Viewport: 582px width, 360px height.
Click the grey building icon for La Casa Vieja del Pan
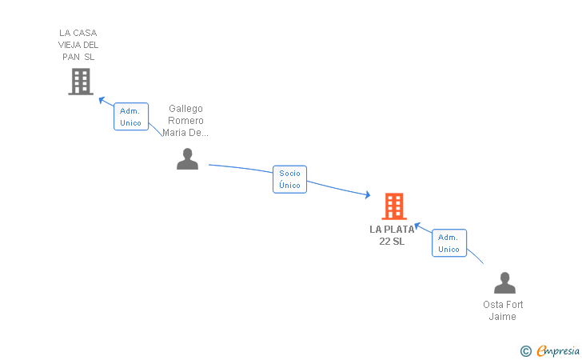tap(80, 81)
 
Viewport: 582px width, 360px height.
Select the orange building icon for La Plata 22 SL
tap(394, 206)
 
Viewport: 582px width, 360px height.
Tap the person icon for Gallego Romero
tap(187, 159)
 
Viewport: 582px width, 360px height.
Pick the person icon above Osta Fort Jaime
tap(504, 283)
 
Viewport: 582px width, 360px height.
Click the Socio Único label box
tap(289, 179)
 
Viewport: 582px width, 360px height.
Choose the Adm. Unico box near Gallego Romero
tap(130, 117)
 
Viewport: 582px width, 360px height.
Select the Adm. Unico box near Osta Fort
tap(448, 243)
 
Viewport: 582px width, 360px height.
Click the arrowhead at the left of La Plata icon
tap(367, 194)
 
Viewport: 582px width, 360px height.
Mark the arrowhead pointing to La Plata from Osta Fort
tap(417, 226)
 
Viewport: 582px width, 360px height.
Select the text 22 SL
tap(392, 242)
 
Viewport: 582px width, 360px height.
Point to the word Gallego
tap(185, 109)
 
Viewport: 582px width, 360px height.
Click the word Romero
tap(185, 121)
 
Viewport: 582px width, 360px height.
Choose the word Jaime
tap(503, 317)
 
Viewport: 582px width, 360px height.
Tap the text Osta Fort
tap(503, 305)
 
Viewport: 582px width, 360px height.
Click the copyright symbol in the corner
tap(525, 350)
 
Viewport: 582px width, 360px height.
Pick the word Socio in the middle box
tap(289, 173)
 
